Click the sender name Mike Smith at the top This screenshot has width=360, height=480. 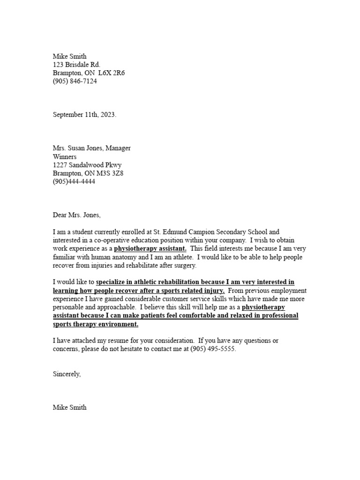[69, 57]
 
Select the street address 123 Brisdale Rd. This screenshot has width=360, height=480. [76, 65]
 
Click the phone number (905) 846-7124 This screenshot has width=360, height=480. [75, 81]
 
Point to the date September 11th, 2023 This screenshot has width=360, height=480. [84, 115]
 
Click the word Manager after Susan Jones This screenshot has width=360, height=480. [118, 148]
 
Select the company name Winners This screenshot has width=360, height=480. [64, 157]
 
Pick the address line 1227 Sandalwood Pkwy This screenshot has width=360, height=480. [87, 165]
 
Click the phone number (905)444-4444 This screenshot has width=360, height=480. [74, 181]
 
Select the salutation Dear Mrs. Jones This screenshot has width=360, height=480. [76, 215]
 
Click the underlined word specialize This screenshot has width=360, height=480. [113, 282]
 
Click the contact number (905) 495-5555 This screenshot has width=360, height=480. [213, 349]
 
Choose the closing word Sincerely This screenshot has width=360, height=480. [67, 374]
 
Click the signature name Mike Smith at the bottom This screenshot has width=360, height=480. [69, 408]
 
